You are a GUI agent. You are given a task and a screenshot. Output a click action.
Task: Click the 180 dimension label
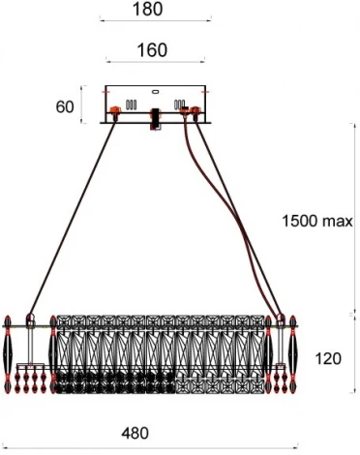point(147,10)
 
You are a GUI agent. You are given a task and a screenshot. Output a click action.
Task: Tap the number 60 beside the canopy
point(66,106)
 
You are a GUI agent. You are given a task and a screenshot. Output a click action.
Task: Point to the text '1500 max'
point(316,222)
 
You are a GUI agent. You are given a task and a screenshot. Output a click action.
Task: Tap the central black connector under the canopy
point(153,121)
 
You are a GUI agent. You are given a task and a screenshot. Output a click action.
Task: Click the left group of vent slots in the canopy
point(132,104)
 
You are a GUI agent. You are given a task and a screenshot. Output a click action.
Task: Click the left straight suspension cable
point(73,214)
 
